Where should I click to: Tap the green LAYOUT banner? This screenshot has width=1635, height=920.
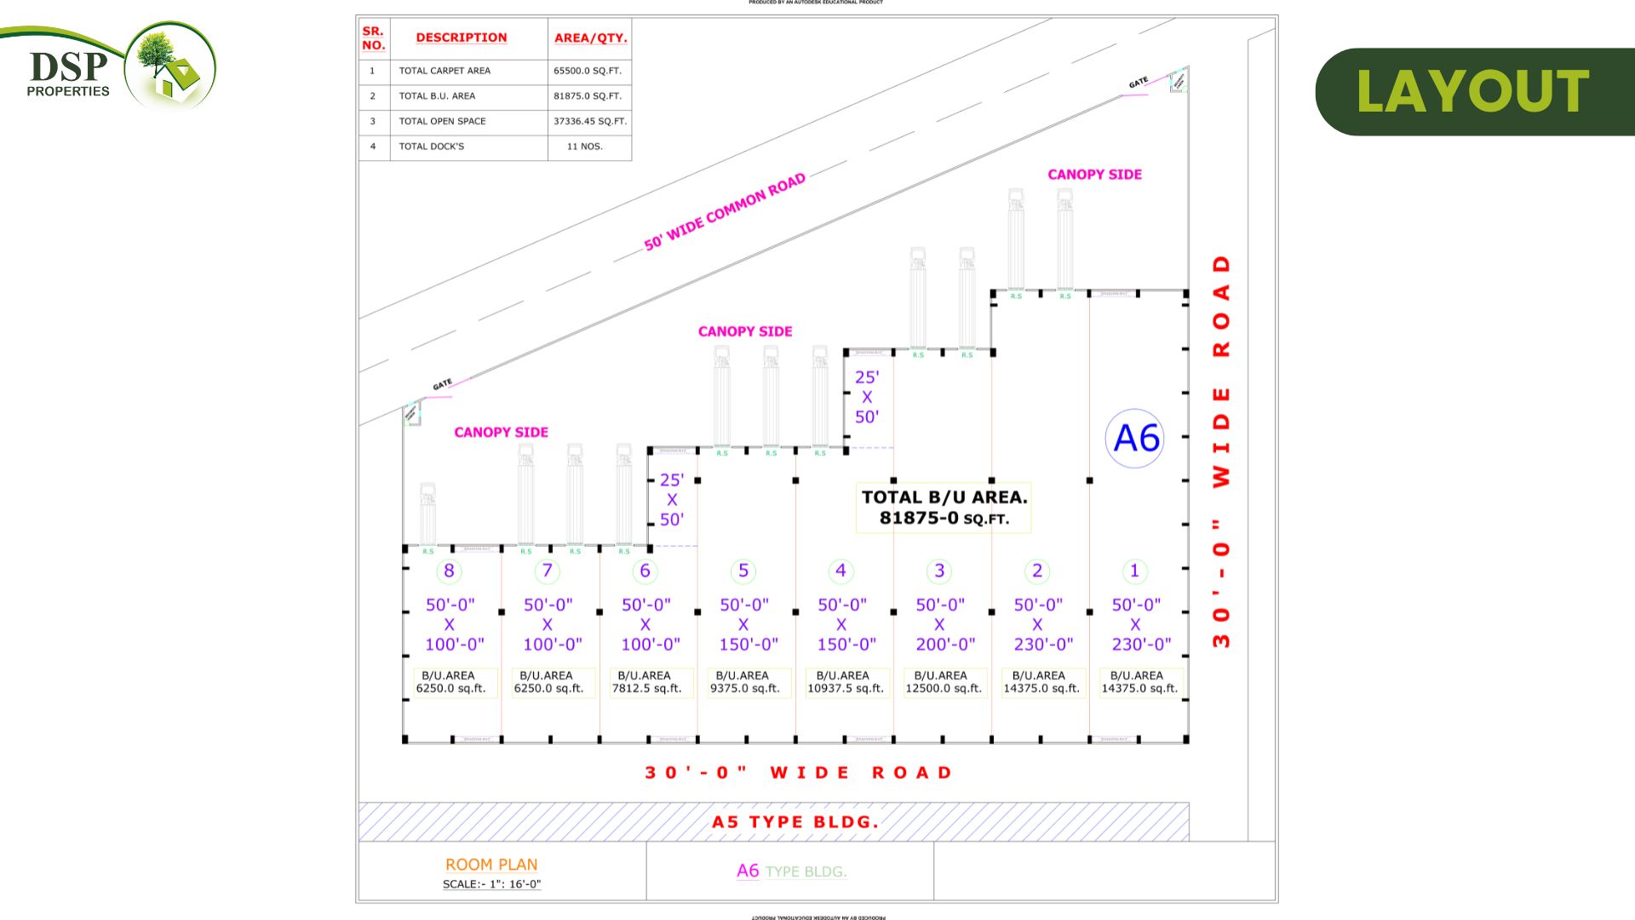(x=1473, y=91)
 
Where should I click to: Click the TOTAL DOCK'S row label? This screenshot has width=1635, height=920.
(x=432, y=147)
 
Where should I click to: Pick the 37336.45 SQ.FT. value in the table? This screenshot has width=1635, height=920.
(x=589, y=121)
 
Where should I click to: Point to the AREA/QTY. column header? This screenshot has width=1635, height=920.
(x=590, y=37)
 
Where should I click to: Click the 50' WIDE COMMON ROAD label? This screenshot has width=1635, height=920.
(x=725, y=212)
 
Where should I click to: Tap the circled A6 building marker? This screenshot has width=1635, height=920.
(x=1135, y=438)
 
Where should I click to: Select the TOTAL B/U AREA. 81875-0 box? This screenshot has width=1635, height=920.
(x=944, y=508)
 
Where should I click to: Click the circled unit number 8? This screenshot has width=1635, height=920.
(x=449, y=571)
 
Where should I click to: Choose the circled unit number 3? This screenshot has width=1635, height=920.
(x=939, y=571)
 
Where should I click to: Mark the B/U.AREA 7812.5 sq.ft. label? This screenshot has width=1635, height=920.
(x=646, y=682)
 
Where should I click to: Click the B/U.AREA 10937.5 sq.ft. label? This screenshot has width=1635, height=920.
(x=845, y=682)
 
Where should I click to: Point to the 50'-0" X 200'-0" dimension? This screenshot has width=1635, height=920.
(x=941, y=624)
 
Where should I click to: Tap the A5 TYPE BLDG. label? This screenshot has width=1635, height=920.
(x=795, y=822)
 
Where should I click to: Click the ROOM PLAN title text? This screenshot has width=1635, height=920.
(x=491, y=865)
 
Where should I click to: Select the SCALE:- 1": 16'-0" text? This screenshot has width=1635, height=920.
(x=491, y=884)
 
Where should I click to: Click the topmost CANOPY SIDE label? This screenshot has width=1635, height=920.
(x=1094, y=175)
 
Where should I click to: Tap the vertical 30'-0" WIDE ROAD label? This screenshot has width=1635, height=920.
(x=1221, y=451)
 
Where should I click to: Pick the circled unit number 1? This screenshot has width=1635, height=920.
(x=1134, y=571)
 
